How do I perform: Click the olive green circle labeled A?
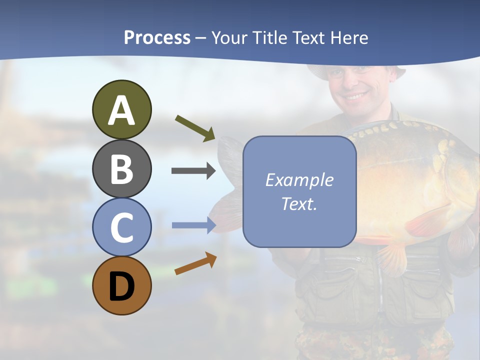pyautogui.click(x=121, y=109)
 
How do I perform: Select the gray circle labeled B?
pyautogui.click(x=121, y=168)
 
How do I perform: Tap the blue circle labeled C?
pyautogui.click(x=121, y=227)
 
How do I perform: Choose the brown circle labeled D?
pyautogui.click(x=121, y=285)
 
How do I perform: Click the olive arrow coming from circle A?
pyautogui.click(x=195, y=128)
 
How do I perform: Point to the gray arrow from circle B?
pyautogui.click(x=193, y=171)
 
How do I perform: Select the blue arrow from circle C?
pyautogui.click(x=193, y=225)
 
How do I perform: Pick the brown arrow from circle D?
pyautogui.click(x=195, y=263)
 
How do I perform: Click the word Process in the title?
pyautogui.click(x=157, y=37)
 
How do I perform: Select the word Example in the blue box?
pyautogui.click(x=299, y=180)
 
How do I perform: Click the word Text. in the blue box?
pyautogui.click(x=299, y=203)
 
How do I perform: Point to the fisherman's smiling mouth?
pyautogui.click(x=356, y=94)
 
